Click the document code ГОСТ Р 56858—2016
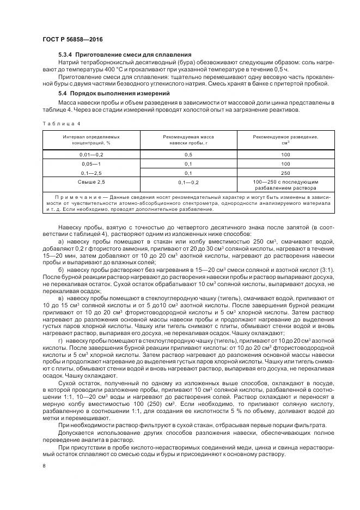tap(72, 40)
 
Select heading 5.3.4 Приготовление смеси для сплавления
tap(124, 55)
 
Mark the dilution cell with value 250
tap(285, 172)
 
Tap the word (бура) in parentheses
tap(166, 63)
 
